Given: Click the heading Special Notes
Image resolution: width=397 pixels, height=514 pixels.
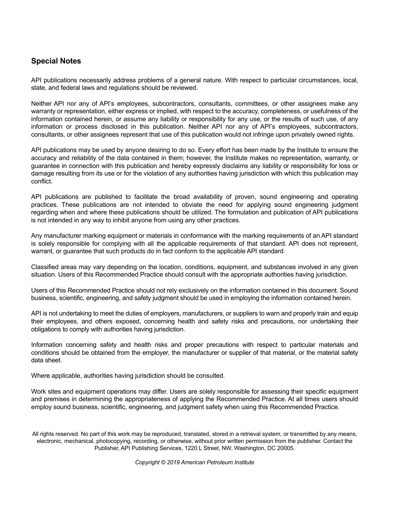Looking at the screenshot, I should tap(56, 61).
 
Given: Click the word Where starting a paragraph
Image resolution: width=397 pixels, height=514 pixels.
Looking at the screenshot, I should tap(40, 376).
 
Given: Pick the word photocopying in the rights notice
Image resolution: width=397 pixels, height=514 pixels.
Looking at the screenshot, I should tap(113, 441).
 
